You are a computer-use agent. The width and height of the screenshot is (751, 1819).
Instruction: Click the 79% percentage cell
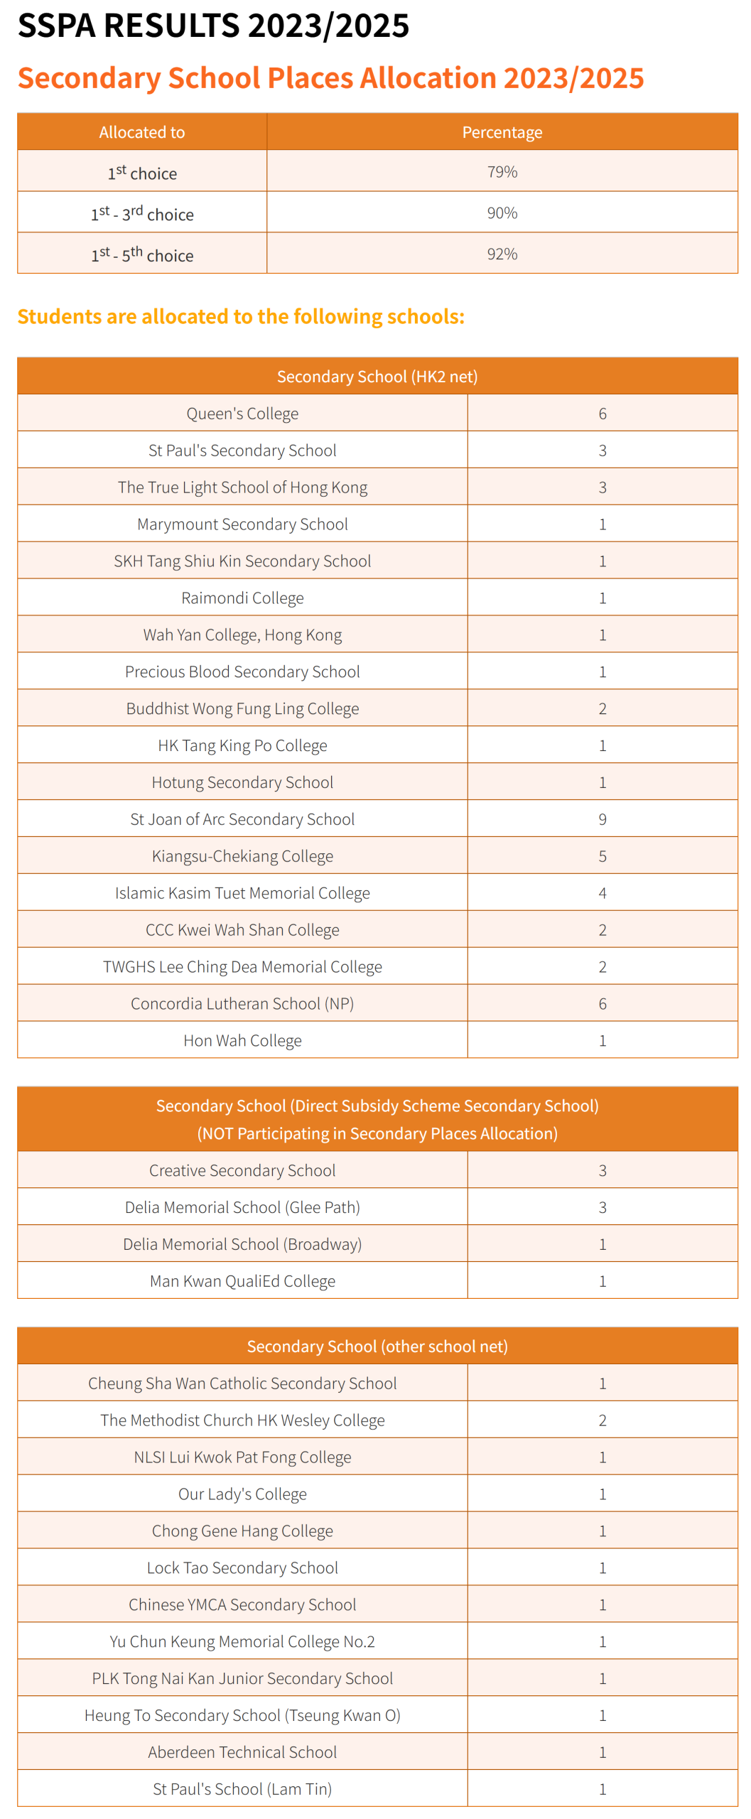click(x=502, y=172)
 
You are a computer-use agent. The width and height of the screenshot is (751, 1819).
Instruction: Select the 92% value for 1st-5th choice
click(x=502, y=254)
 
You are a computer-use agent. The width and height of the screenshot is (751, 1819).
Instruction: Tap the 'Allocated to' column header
click(x=142, y=132)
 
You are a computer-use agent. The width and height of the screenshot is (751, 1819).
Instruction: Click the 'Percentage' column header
click(x=502, y=132)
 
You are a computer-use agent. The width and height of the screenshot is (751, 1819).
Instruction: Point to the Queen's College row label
click(x=242, y=414)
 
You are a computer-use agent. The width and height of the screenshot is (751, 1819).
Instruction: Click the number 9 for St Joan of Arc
click(x=602, y=819)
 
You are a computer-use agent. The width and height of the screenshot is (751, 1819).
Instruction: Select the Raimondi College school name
click(x=242, y=598)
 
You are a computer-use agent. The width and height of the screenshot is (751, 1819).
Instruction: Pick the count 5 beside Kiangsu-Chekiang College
click(x=602, y=856)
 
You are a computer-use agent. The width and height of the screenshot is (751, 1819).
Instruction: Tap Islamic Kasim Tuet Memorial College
click(x=242, y=893)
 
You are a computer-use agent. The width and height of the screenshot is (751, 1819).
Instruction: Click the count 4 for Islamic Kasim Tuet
click(x=602, y=893)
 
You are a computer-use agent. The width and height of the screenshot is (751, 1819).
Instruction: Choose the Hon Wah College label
click(x=242, y=1041)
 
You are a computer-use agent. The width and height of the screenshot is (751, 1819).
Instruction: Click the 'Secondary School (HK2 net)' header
click(x=377, y=377)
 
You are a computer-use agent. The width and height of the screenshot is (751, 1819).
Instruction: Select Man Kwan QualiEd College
click(x=242, y=1281)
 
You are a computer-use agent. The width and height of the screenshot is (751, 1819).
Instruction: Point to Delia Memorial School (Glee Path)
click(x=242, y=1207)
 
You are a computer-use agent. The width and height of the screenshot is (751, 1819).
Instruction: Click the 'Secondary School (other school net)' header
click(x=377, y=1346)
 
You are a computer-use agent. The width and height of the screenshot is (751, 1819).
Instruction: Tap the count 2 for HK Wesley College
click(x=602, y=1420)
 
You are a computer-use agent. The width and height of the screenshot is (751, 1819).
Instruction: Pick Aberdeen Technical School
click(x=242, y=1752)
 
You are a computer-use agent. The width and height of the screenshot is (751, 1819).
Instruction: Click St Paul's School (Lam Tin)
click(x=242, y=1789)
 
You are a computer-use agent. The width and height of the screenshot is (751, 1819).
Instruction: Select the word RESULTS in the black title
click(x=171, y=26)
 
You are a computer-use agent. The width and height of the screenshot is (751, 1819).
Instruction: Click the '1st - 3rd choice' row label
click(x=142, y=214)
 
